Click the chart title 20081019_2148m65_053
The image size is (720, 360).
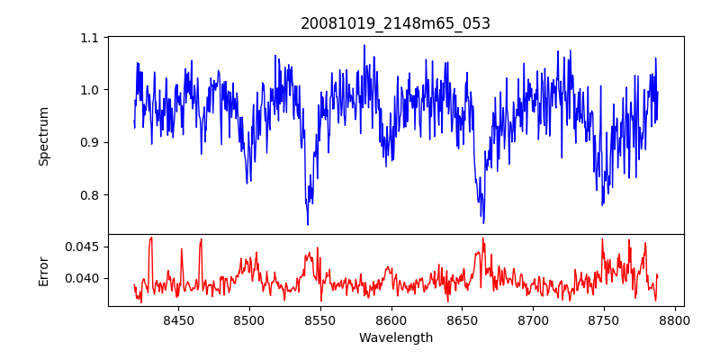(x=395, y=23)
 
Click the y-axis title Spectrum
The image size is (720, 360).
(x=43, y=136)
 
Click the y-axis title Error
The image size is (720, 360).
(x=43, y=270)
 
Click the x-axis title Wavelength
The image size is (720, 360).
(x=395, y=338)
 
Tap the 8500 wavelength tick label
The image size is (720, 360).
(x=249, y=319)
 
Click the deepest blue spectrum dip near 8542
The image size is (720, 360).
(x=308, y=224)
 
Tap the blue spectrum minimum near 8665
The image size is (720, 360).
(x=483, y=222)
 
